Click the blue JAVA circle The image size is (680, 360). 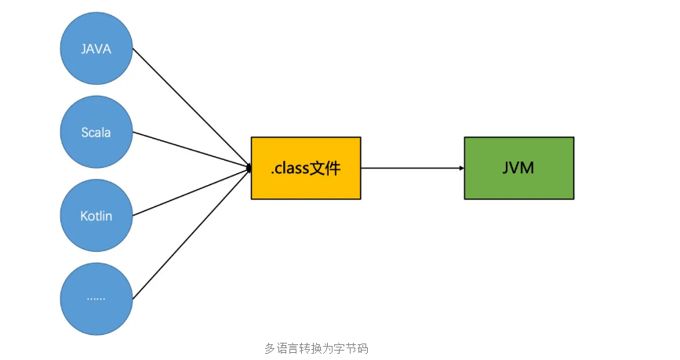point(96,49)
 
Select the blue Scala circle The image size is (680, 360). point(96,132)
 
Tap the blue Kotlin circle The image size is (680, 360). point(96,215)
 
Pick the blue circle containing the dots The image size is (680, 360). point(96,298)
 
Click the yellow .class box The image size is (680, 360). point(306,168)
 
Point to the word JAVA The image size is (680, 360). point(96,49)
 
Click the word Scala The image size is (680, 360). point(96,132)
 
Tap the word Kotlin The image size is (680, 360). point(96,215)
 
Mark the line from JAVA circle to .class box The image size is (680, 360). point(191,108)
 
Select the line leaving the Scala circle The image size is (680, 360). point(191,150)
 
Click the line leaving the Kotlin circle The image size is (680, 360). point(191,191)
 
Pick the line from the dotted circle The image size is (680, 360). point(191,233)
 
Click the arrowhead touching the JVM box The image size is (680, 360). point(461,168)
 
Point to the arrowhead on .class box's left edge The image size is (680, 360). point(248,168)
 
